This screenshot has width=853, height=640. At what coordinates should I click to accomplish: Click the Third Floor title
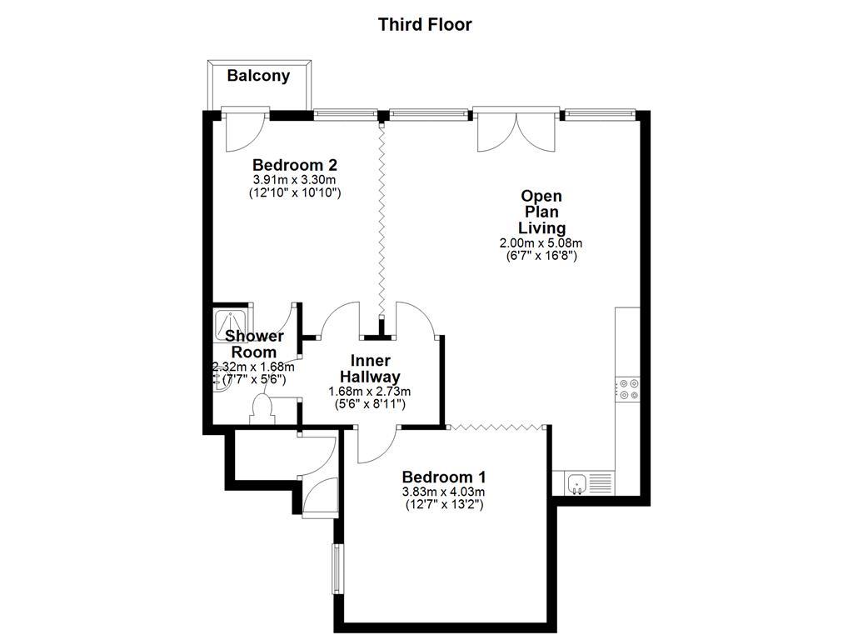click(x=425, y=24)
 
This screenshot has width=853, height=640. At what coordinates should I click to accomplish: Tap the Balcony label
click(x=258, y=76)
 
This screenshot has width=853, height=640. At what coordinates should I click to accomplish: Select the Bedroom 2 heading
click(x=295, y=164)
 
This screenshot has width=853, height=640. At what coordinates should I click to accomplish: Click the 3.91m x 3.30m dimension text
click(x=295, y=179)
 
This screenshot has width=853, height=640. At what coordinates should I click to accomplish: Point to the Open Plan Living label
click(x=541, y=212)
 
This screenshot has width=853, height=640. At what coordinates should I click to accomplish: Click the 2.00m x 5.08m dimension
click(x=541, y=243)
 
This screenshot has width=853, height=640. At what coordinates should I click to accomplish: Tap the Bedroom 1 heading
click(x=443, y=477)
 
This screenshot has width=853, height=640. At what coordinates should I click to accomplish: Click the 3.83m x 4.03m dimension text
click(x=443, y=492)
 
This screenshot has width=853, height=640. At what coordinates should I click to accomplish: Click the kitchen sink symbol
click(x=576, y=482)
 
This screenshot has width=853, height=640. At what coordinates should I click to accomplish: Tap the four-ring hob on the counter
click(x=627, y=388)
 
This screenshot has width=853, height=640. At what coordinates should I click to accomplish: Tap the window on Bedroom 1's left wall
click(x=337, y=570)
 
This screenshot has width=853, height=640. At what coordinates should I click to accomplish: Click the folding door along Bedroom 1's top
click(x=498, y=426)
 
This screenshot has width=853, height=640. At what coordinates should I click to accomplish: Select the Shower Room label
click(x=254, y=343)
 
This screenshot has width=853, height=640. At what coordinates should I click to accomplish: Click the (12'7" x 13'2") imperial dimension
click(x=443, y=505)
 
